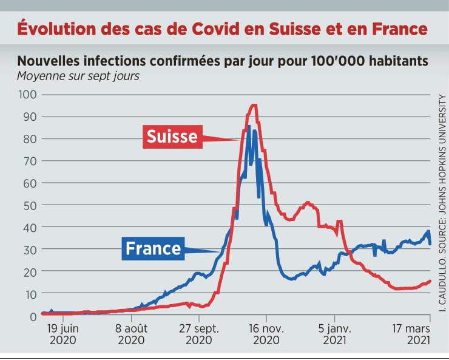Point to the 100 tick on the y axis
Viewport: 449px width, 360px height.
point(27,95)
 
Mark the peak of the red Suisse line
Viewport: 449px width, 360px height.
point(254,106)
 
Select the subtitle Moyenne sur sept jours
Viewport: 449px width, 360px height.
point(78,76)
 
